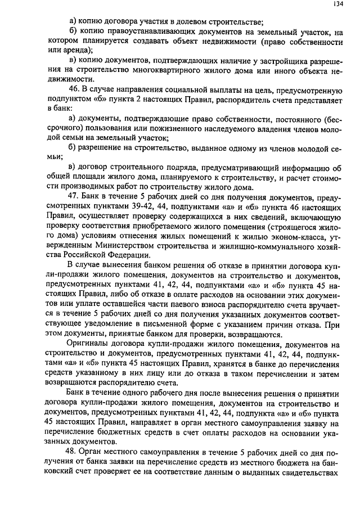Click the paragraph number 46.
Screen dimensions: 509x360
(72, 90)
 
